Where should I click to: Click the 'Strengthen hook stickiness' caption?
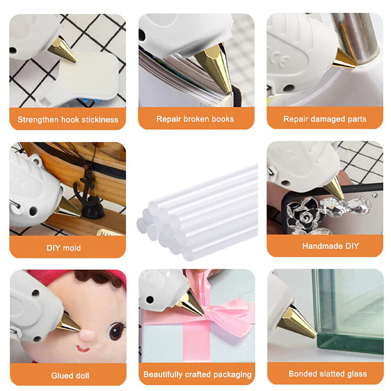(x=68, y=120)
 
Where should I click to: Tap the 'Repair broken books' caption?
(x=195, y=119)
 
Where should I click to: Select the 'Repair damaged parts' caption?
(x=325, y=119)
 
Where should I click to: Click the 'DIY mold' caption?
(x=64, y=248)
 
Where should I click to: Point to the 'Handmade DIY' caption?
(x=330, y=246)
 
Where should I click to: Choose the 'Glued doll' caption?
(x=70, y=376)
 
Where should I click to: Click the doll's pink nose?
(x=87, y=334)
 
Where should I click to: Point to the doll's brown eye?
(x=115, y=331)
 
